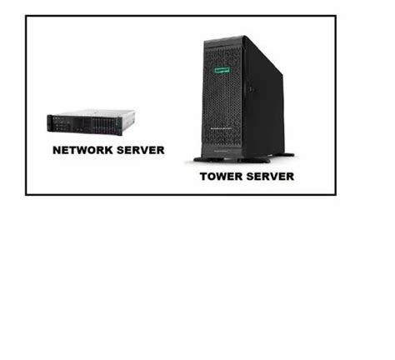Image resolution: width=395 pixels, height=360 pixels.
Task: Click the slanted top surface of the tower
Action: tap(233, 39)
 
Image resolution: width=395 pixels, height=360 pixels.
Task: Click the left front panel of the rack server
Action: tap(62, 124)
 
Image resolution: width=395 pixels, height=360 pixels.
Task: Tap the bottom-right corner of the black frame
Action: tap(335, 194)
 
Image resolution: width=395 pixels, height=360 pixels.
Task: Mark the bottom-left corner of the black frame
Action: tap(27, 194)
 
